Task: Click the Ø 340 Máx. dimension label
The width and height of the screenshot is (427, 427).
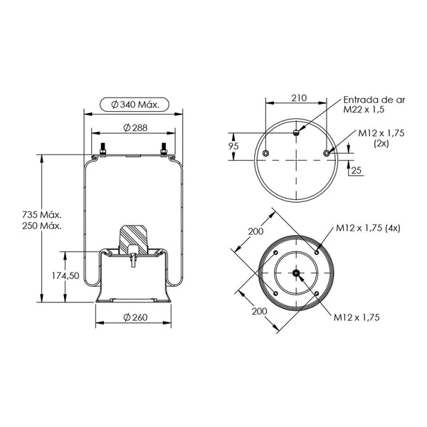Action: point(135,105)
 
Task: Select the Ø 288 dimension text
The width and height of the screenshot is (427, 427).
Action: point(135,127)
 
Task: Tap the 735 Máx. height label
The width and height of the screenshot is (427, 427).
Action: point(42,215)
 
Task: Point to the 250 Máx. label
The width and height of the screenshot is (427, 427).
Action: point(42,226)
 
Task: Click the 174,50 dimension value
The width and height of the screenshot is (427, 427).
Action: point(65,276)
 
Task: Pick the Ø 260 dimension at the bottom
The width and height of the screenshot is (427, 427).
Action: point(135,317)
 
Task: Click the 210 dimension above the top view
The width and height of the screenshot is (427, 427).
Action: point(299,97)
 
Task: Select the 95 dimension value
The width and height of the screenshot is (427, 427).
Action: point(233,146)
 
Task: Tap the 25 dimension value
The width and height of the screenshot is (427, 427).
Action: point(356,171)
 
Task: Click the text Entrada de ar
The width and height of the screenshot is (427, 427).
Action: point(374,100)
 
